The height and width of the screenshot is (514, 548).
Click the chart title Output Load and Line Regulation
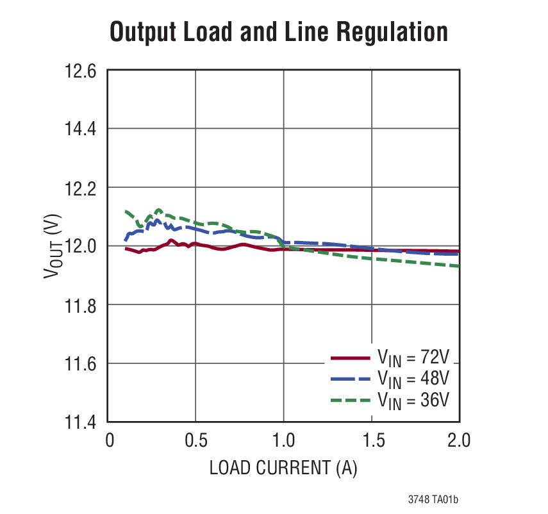278,31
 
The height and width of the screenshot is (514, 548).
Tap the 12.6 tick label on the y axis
80,70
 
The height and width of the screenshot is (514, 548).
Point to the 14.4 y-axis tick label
80,129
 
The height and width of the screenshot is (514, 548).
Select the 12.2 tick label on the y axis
80,188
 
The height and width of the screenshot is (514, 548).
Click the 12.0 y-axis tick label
80,246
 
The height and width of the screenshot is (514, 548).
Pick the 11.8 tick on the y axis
80,305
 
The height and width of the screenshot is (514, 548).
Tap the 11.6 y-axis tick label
80,364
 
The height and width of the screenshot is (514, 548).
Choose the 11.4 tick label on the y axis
80,422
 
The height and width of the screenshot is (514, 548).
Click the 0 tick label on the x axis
109,441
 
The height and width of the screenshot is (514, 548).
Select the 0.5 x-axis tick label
195,441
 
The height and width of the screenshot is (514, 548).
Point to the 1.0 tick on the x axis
284,441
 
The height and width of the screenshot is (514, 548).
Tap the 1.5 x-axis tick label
372,441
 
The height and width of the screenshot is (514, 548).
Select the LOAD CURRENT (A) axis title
283,468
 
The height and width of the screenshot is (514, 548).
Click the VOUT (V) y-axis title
51,247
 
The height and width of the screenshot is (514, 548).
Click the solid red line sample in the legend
350,358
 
